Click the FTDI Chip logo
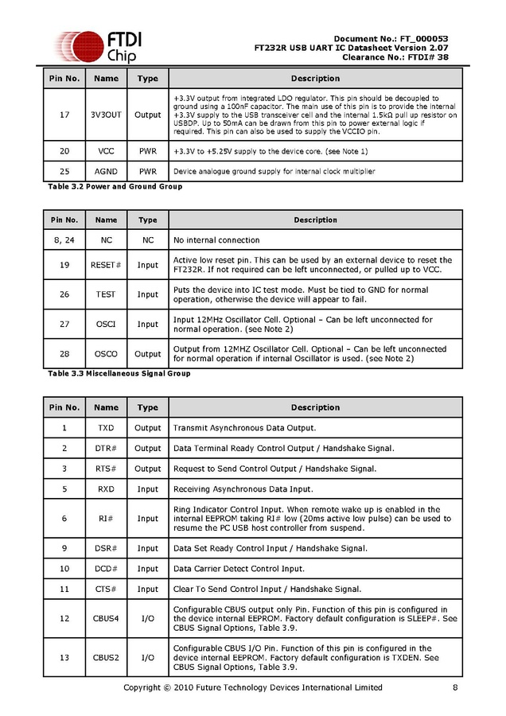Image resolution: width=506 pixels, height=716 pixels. [95, 46]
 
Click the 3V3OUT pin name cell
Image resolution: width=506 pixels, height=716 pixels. [106, 115]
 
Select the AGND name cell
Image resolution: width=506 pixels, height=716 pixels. [106, 171]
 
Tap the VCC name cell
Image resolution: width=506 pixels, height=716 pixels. [106, 150]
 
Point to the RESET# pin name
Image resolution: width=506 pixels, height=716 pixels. [106, 265]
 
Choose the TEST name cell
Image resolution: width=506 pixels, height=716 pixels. [106, 294]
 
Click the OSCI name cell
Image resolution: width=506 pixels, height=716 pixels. [106, 324]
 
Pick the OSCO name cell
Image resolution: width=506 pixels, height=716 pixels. [106, 353]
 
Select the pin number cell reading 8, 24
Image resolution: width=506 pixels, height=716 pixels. [64, 239]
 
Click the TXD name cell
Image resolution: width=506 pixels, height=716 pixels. [106, 428]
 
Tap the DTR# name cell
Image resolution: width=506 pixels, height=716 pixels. [106, 448]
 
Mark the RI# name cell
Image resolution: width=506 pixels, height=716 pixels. [106, 519]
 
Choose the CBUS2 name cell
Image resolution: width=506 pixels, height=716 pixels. [106, 657]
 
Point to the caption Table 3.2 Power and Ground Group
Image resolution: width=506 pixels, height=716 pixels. [115, 186]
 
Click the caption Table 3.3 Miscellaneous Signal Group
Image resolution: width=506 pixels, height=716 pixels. [119, 373]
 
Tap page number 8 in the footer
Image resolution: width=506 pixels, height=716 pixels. [454, 688]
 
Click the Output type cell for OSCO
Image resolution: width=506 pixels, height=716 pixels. [147, 353]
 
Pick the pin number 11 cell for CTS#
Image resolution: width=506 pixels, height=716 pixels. [64, 589]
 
